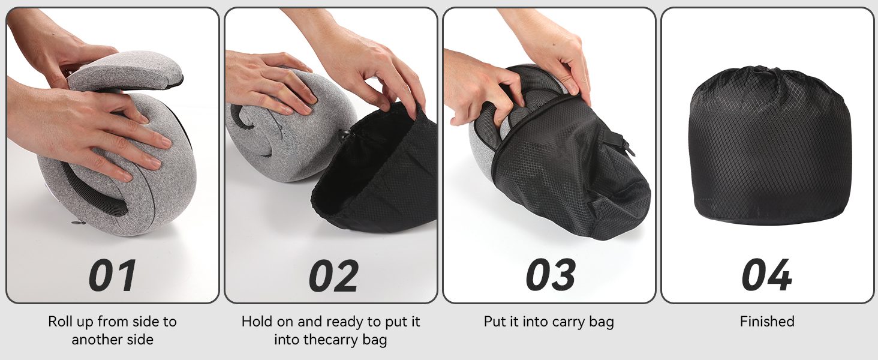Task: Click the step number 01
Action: tap(113, 275)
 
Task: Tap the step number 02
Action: tap(333, 275)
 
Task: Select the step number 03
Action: tap(551, 275)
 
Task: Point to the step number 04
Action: tap(767, 275)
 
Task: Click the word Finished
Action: tap(767, 322)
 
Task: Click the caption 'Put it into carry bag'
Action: tap(549, 322)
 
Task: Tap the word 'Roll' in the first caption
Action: tap(59, 322)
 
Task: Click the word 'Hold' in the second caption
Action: tap(255, 322)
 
